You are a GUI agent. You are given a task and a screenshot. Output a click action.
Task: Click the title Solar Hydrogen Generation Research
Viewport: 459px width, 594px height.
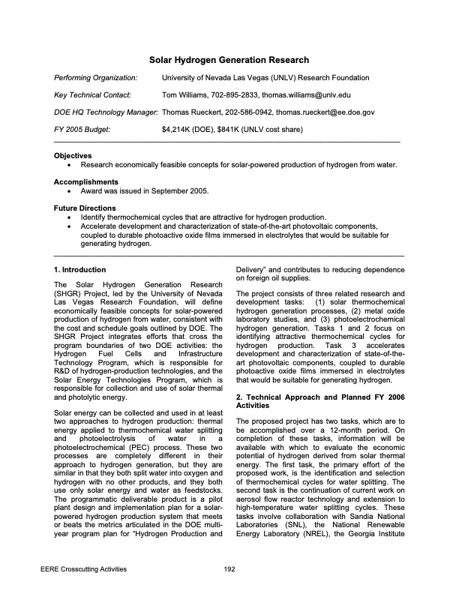[x=229, y=59]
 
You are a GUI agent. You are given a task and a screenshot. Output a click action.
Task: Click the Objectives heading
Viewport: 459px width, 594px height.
[x=73, y=155]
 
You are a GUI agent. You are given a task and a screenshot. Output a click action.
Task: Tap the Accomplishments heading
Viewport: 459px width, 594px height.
[x=86, y=181]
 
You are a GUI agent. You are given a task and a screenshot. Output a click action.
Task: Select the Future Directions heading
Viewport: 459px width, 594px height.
[x=85, y=208]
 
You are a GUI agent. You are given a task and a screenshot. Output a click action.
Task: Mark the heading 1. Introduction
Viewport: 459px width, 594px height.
[x=80, y=270]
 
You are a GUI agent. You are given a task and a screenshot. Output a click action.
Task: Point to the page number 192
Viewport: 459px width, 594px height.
[x=230, y=570]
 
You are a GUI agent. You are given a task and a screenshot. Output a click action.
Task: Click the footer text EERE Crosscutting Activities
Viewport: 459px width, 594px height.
[x=95, y=570]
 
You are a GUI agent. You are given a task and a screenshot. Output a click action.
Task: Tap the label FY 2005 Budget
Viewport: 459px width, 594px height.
[x=82, y=130]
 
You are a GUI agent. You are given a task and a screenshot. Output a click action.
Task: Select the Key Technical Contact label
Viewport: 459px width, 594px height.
[x=92, y=95]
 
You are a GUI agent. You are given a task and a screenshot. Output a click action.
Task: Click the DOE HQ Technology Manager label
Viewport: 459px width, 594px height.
[x=106, y=112]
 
